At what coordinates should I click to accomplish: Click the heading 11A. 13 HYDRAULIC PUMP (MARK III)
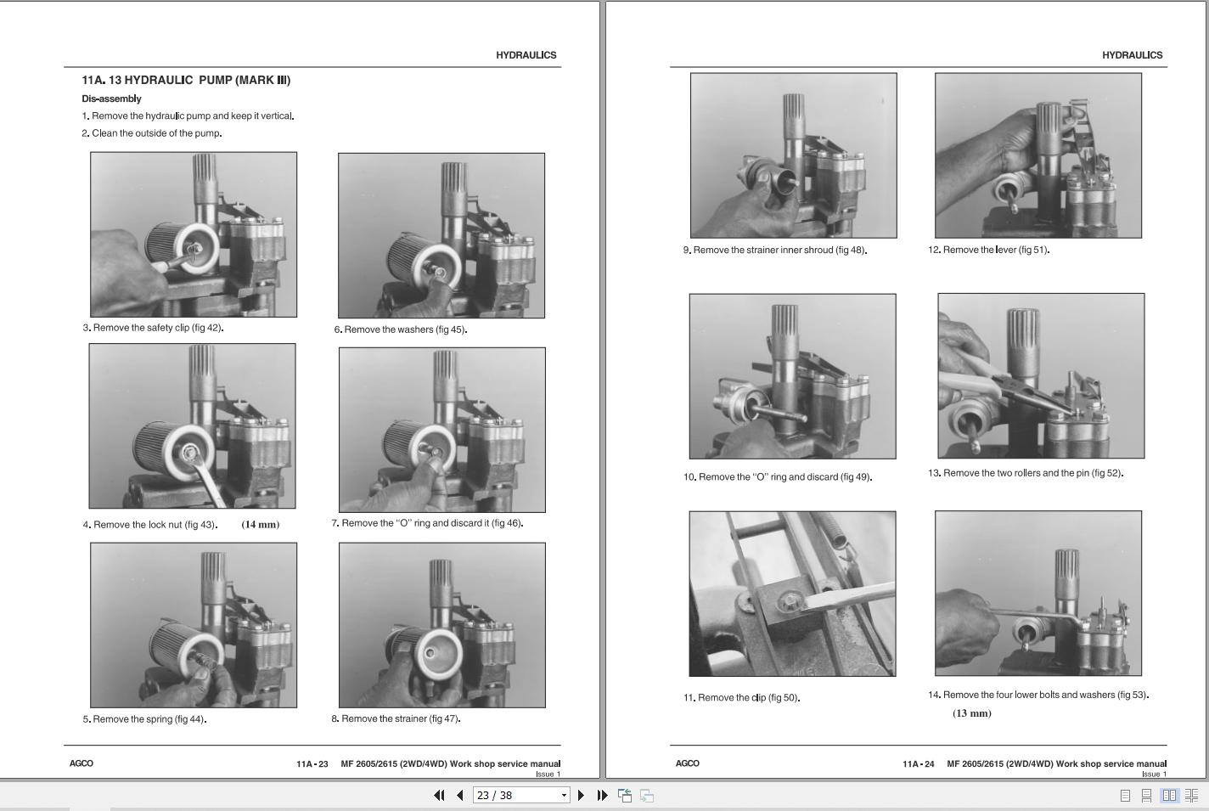click(186, 81)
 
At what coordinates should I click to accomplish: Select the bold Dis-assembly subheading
click(112, 99)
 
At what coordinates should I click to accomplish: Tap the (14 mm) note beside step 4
click(260, 524)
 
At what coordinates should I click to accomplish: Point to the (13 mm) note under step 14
click(972, 713)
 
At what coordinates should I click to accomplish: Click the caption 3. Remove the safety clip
click(153, 328)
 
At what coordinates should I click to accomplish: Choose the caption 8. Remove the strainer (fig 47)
click(396, 718)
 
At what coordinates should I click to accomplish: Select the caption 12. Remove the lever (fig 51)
click(989, 250)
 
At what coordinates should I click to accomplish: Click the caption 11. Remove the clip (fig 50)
click(741, 697)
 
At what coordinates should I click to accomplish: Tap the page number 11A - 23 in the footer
click(312, 764)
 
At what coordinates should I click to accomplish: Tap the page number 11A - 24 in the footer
click(918, 764)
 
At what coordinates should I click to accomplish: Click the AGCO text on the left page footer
click(82, 763)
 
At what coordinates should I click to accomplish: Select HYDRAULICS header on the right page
click(1133, 55)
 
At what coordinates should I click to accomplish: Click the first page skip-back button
click(439, 796)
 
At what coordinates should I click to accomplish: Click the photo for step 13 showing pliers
click(1041, 376)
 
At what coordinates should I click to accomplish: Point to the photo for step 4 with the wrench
click(192, 425)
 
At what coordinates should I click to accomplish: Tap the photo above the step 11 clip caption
click(792, 594)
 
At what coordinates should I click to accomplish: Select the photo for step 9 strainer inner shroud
click(793, 155)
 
